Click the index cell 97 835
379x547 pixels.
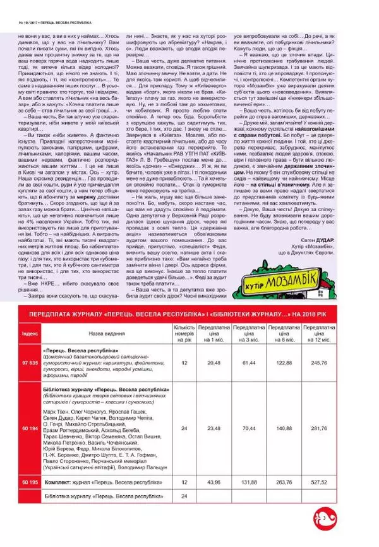click(x=29, y=363)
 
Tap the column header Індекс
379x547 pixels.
click(x=29, y=331)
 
